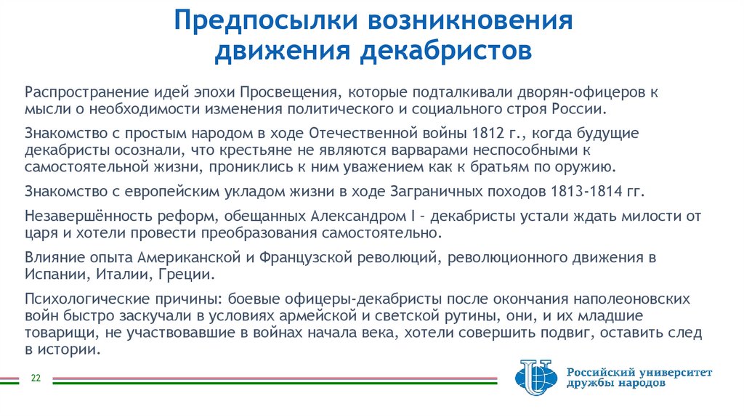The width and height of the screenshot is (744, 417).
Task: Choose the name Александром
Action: pos(368,216)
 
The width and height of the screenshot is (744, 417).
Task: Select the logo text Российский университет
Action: pos(639,372)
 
